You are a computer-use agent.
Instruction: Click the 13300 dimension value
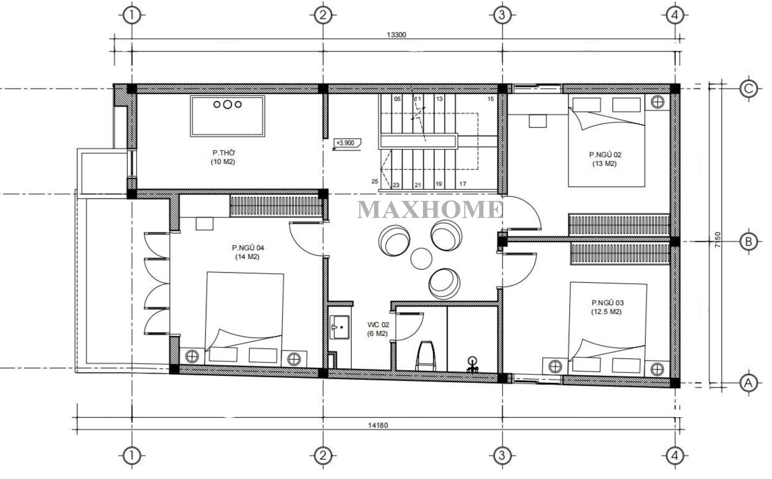pos(396,35)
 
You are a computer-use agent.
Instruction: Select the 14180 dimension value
pos(378,425)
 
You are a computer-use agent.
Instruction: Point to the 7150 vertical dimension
pos(718,239)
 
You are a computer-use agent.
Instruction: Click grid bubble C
pos(749,89)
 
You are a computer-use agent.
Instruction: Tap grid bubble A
pos(749,383)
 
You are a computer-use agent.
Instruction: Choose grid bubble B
pos(749,242)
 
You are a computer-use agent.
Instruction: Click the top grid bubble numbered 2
pos(323,15)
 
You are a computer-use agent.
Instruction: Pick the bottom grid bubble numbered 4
pos(675,456)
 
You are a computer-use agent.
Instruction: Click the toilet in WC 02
pos(425,356)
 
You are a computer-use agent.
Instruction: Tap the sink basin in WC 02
pos(340,327)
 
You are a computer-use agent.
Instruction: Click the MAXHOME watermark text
pos(430,209)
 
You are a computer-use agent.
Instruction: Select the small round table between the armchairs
pos(421,258)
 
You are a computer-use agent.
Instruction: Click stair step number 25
pos(375,181)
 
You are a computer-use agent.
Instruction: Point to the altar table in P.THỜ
pos(227,116)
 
